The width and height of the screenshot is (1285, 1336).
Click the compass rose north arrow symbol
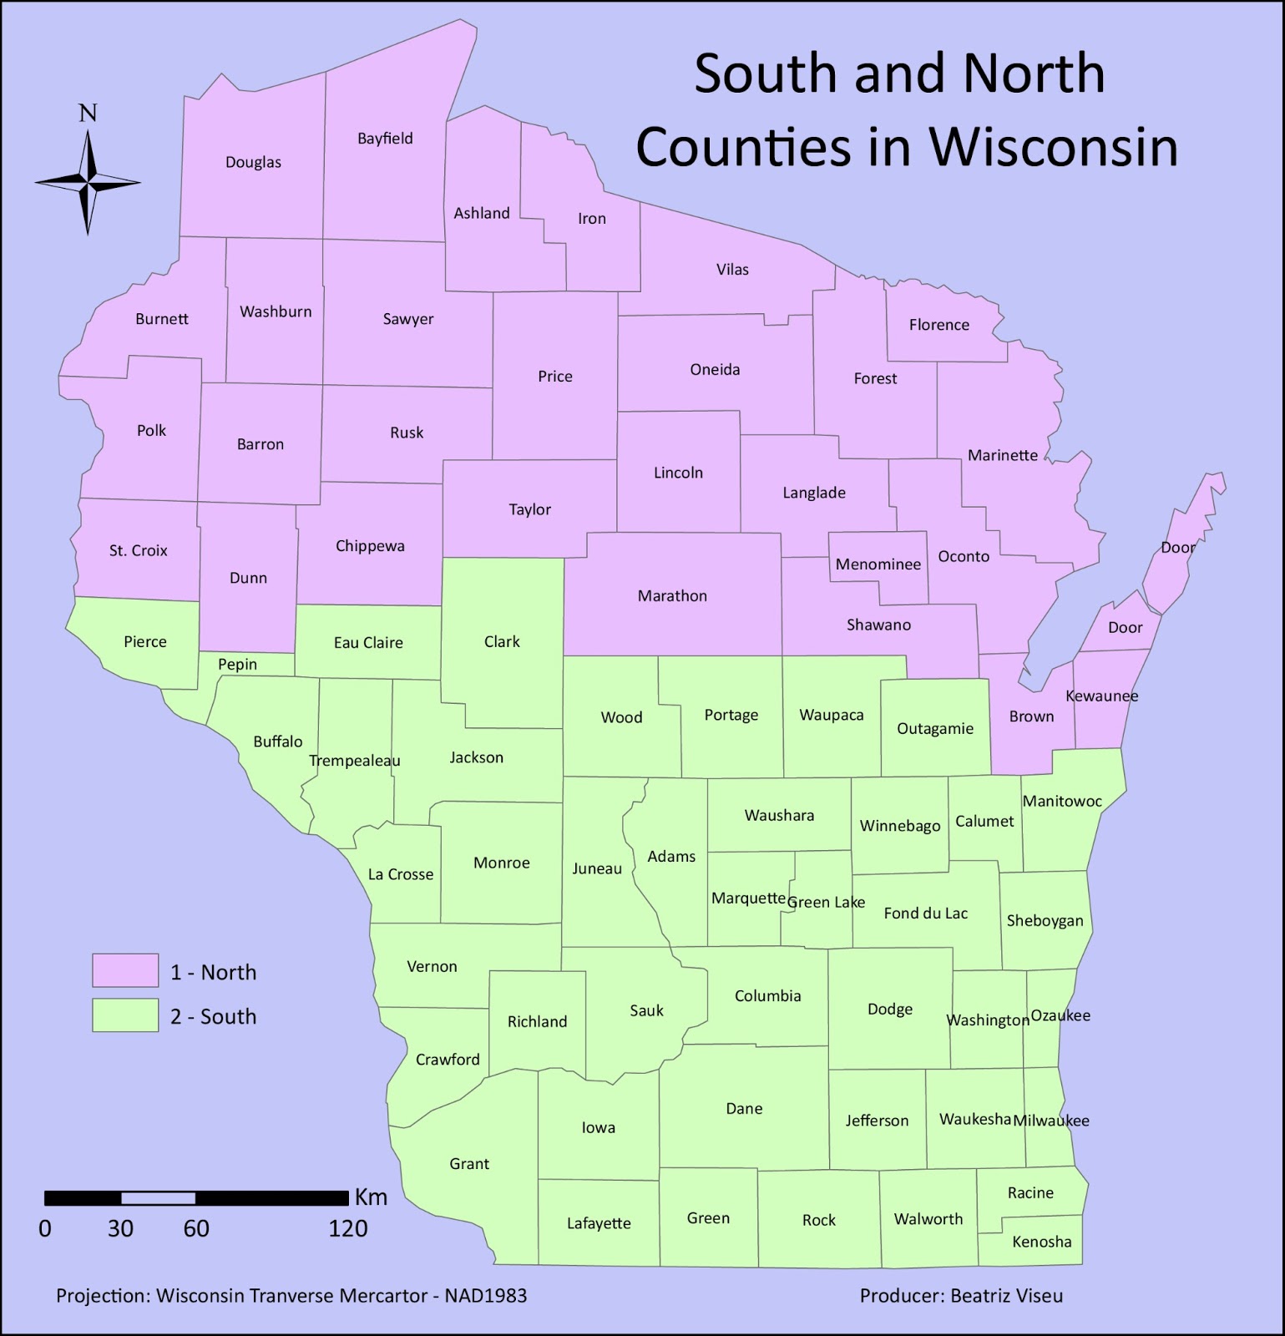(88, 181)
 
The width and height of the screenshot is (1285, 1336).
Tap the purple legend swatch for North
(125, 970)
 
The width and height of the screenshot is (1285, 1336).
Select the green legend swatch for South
(125, 1015)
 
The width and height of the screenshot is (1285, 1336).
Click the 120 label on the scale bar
(348, 1228)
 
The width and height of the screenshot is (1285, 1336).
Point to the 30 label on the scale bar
(121, 1228)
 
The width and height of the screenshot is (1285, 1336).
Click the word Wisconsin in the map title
(1053, 146)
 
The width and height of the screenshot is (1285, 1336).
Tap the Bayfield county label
(385, 139)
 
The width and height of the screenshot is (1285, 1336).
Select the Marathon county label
(672, 596)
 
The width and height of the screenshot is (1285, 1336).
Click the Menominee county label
(878, 564)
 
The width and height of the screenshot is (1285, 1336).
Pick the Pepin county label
(238, 665)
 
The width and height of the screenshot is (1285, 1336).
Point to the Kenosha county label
(1041, 1242)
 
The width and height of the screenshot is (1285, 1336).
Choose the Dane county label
(744, 1109)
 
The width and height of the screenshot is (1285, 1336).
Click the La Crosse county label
(401, 874)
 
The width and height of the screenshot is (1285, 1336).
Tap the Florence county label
(939, 325)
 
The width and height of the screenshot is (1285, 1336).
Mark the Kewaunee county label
(1102, 696)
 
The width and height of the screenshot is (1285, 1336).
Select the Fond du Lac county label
(926, 913)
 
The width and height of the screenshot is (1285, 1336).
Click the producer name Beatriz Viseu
(1007, 1296)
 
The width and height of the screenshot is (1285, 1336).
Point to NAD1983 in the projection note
(485, 1296)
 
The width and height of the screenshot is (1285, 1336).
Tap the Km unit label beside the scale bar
(371, 1197)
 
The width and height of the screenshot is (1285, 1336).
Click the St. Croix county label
(139, 551)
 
